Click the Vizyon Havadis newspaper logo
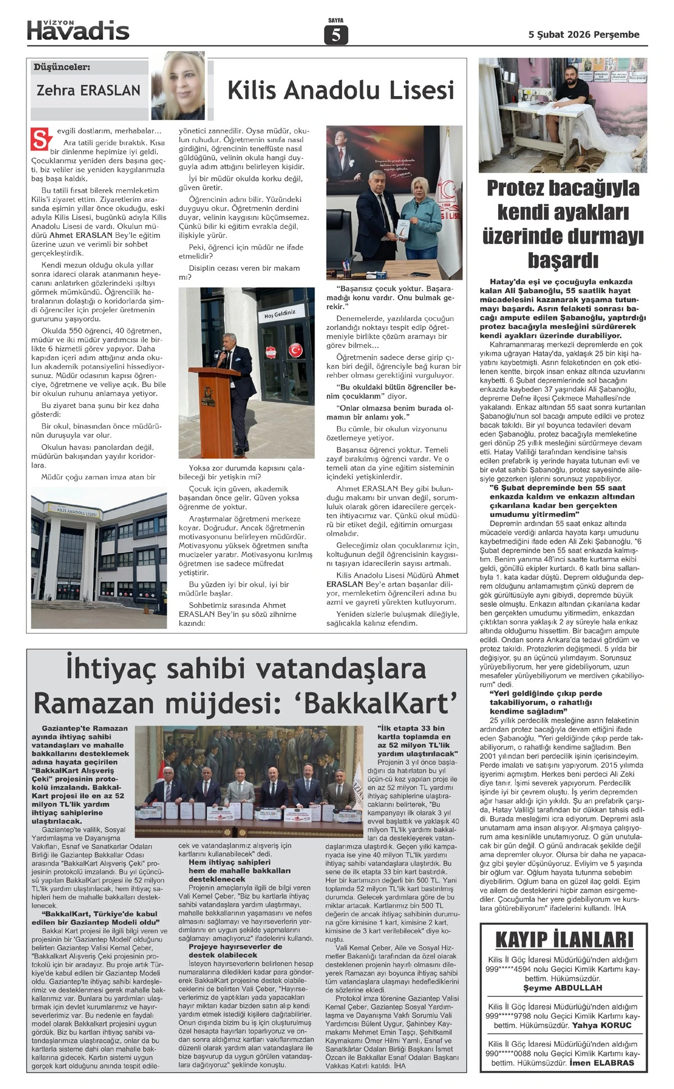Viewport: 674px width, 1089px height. (x=78, y=30)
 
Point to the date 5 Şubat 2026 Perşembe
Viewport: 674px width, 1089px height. (x=584, y=35)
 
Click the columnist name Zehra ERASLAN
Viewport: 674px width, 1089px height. (x=88, y=90)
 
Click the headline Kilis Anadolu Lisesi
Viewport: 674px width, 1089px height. (x=340, y=90)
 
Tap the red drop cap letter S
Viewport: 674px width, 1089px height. (x=39, y=139)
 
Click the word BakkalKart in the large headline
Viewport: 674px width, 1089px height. (x=377, y=703)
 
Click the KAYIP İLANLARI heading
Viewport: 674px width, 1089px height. (x=563, y=940)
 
